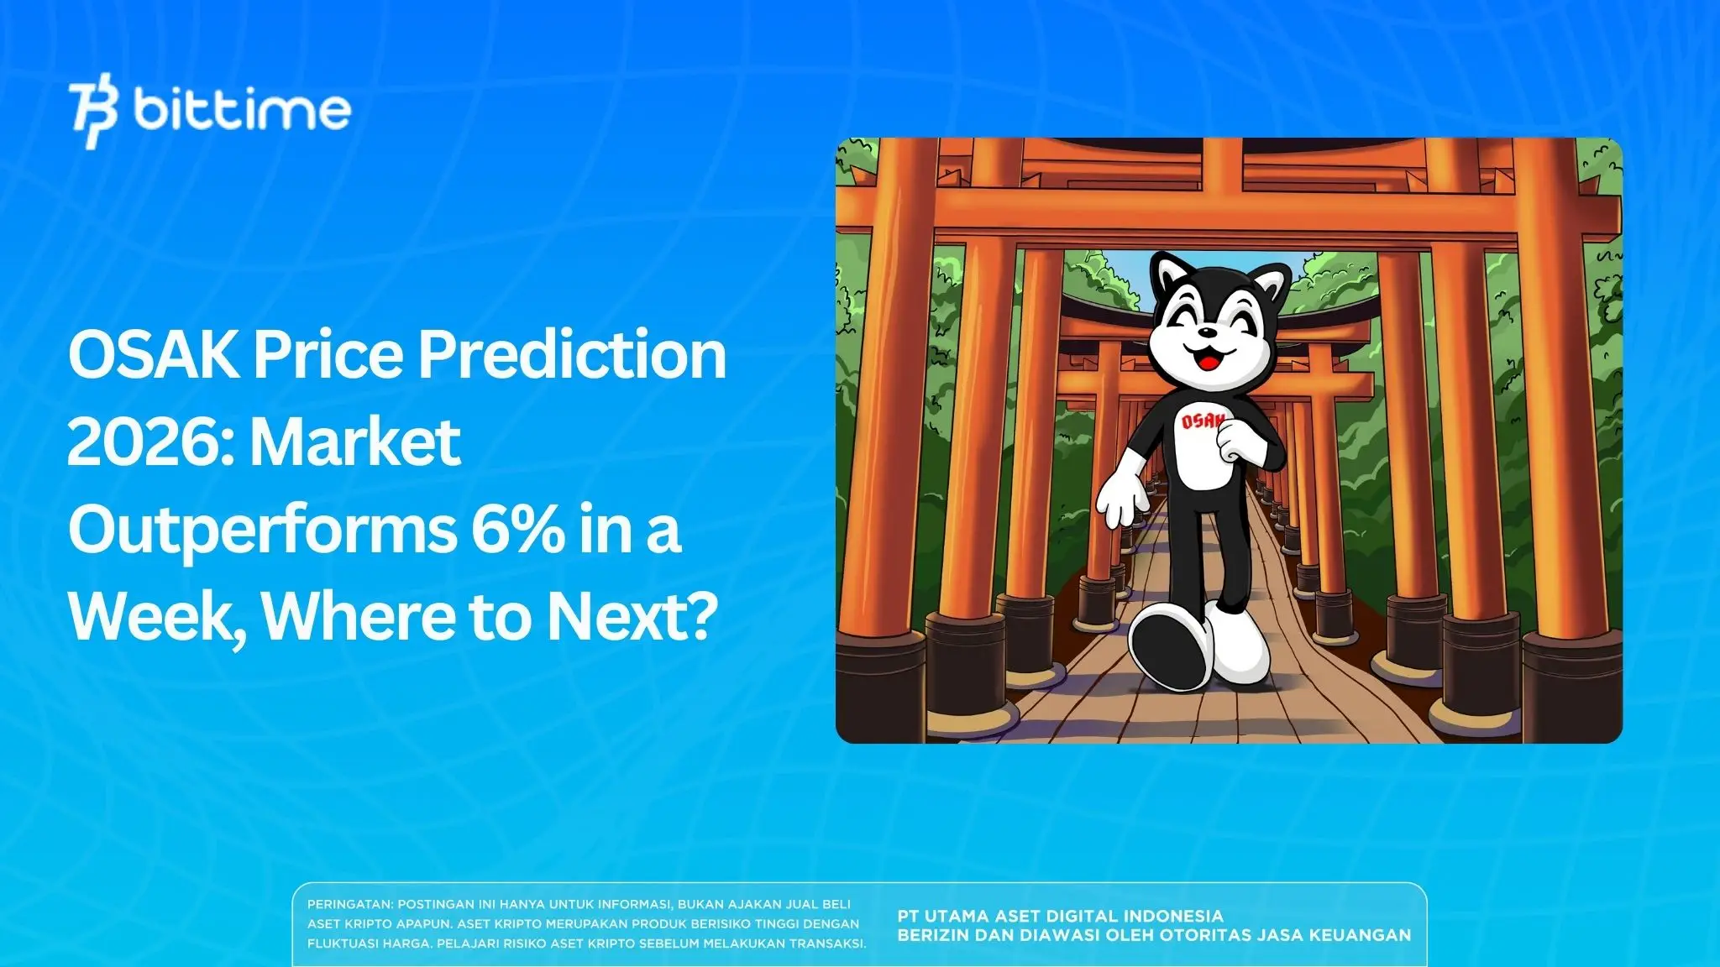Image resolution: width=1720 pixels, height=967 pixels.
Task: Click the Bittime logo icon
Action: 93,111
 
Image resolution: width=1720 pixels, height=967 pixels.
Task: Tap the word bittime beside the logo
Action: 241,110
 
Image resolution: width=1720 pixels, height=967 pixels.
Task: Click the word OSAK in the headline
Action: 153,355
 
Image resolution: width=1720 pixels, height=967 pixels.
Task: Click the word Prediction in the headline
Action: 572,355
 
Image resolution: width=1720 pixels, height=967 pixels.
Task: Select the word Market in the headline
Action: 356,442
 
